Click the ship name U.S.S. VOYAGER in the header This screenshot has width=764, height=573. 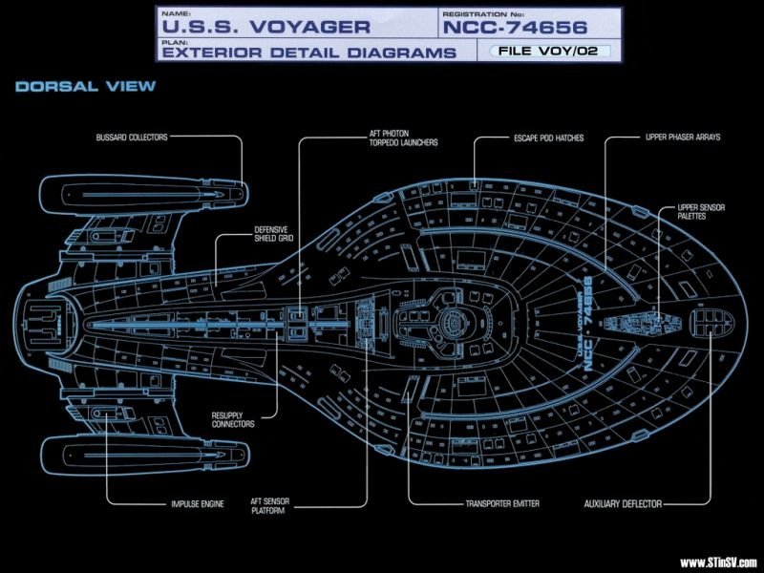point(265,27)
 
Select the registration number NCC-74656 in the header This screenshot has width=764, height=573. point(515,28)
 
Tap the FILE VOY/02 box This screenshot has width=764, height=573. point(548,51)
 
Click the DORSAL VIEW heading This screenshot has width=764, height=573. point(85,87)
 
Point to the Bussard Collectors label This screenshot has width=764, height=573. point(132,138)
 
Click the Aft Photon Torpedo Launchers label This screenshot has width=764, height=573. point(403,138)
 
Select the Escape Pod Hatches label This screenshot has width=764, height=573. point(548,138)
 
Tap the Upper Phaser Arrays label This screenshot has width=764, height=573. point(683,137)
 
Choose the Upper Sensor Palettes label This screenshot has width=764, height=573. point(701,211)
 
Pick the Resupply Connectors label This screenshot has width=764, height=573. point(233,419)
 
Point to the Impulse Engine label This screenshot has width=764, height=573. point(198,504)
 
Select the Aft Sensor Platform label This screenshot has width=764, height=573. point(270,506)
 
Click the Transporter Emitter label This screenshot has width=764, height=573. point(502,503)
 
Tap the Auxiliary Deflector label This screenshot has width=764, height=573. point(623,504)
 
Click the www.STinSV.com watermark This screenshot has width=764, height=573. point(718,563)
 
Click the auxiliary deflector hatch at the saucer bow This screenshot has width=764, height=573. point(711,323)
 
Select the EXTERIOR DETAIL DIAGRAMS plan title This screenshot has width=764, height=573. point(308,53)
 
